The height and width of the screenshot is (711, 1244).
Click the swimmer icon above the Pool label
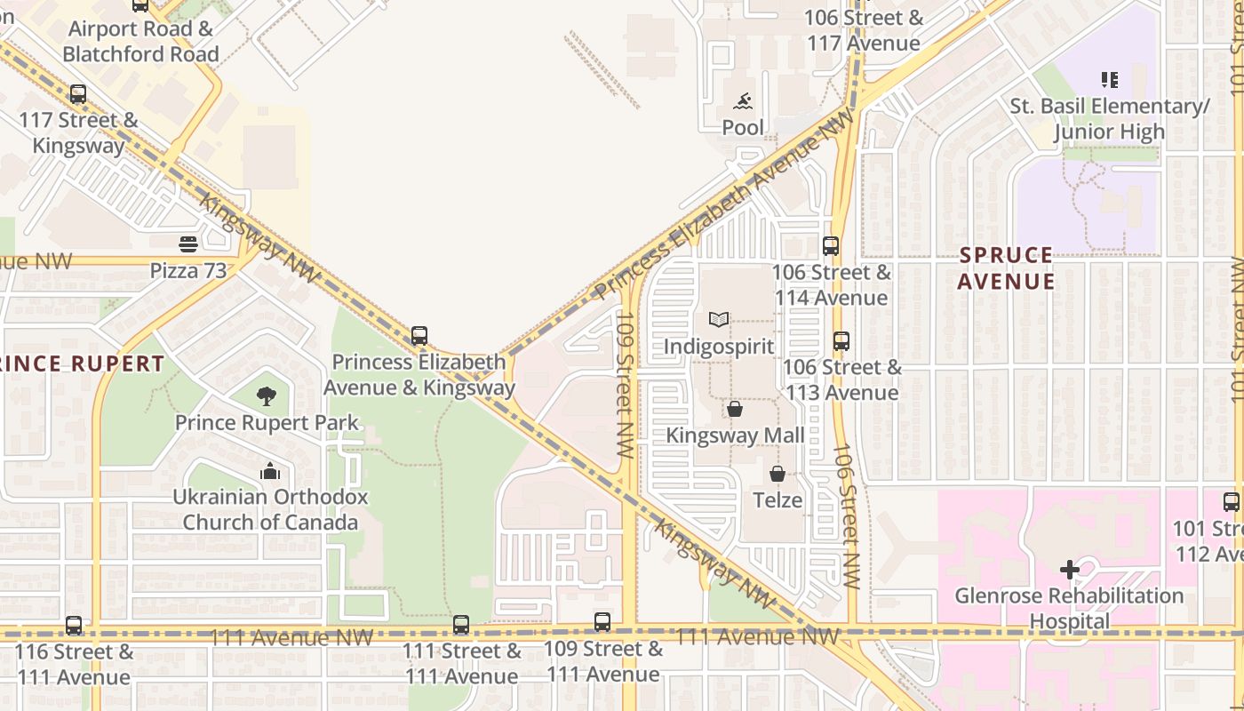click(x=743, y=101)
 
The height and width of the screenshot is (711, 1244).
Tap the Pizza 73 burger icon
click(x=187, y=244)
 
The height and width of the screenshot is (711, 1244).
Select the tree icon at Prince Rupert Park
click(x=266, y=396)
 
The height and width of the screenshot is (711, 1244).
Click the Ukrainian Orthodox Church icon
click(x=269, y=471)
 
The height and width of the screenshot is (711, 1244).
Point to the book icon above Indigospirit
click(x=719, y=319)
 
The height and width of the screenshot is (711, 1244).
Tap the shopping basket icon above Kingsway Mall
click(x=735, y=409)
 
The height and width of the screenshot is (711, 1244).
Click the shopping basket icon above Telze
click(x=777, y=474)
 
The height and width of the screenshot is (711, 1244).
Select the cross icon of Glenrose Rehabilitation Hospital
click(x=1069, y=569)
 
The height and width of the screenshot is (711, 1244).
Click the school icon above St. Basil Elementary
click(x=1109, y=80)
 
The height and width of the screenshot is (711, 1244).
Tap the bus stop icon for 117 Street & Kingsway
click(x=78, y=93)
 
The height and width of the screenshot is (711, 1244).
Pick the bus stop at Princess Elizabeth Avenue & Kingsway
click(x=419, y=336)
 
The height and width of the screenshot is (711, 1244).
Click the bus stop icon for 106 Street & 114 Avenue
click(x=831, y=246)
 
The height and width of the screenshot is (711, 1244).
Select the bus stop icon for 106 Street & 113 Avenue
click(x=841, y=340)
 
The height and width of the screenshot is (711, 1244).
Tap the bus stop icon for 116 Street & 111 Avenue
click(x=74, y=625)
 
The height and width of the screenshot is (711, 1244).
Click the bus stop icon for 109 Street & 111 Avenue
click(x=602, y=622)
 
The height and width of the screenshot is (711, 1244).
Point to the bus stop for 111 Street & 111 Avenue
click(x=461, y=625)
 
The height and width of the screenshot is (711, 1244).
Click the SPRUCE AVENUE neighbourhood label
click(x=1007, y=268)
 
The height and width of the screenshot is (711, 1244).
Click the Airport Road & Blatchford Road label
click(x=140, y=41)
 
